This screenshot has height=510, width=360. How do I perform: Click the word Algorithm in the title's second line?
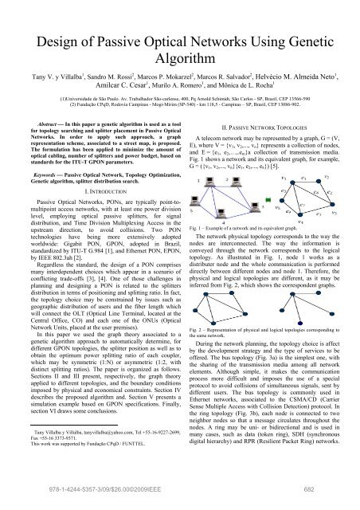(179, 41)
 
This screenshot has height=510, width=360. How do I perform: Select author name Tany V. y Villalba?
(45, 66)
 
